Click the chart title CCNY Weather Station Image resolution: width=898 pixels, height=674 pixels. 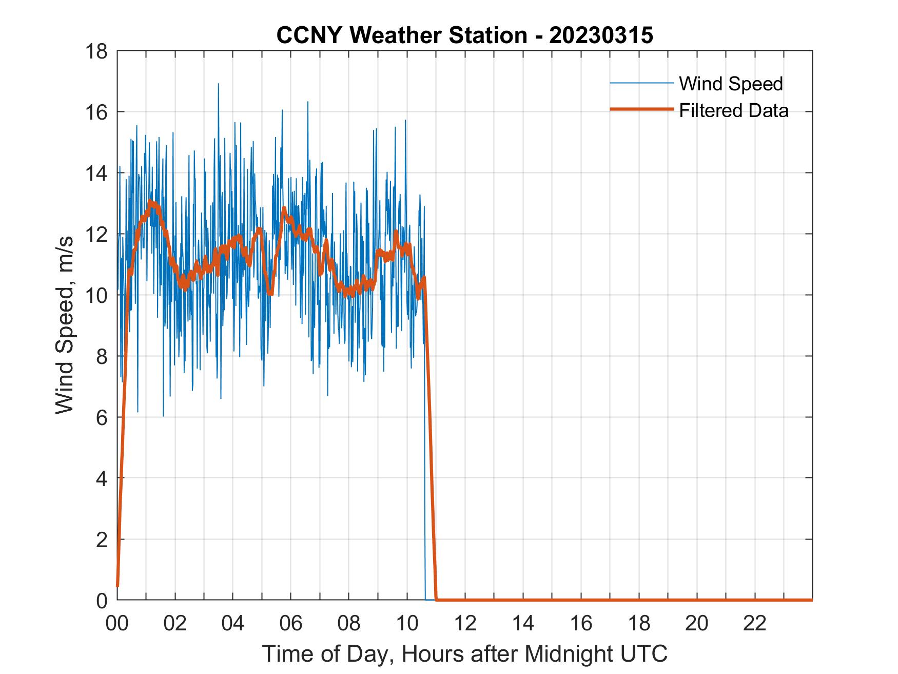[464, 35]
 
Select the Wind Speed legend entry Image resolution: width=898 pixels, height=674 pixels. [731, 84]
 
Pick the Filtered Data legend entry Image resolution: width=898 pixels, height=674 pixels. [733, 110]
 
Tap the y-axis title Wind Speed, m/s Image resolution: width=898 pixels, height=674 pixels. [65, 325]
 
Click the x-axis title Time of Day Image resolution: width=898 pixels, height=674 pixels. [464, 653]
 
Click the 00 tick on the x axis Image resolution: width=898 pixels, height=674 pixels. [117, 623]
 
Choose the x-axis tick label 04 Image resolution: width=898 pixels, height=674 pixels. [233, 623]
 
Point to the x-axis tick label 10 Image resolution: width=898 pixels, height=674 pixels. [407, 623]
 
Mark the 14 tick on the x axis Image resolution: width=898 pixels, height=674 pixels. [523, 623]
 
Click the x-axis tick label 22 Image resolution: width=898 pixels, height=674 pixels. [755, 623]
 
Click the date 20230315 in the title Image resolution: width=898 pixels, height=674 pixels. [601, 35]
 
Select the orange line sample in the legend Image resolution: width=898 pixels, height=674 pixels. [641, 109]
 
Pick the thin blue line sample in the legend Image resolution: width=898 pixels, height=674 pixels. [641, 83]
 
